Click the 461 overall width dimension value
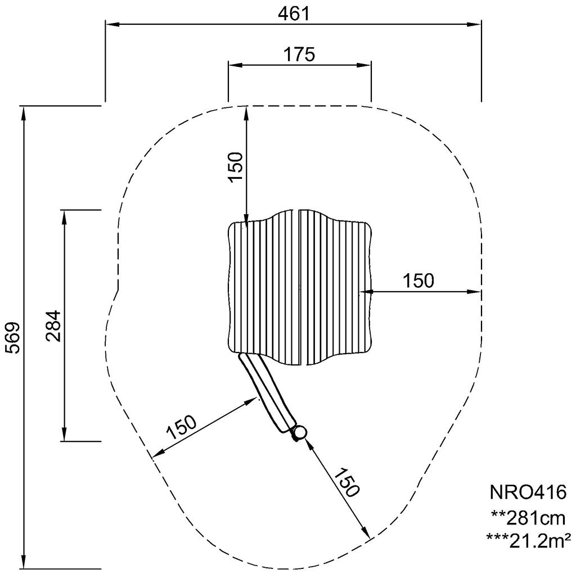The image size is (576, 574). (x=294, y=13)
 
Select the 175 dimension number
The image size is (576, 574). (x=299, y=55)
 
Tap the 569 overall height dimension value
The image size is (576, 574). (x=12, y=337)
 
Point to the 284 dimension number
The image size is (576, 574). (x=53, y=326)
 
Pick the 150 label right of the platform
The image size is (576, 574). (x=418, y=281)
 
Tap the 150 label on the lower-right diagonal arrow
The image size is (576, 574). (x=345, y=482)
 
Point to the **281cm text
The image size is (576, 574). (x=527, y=517)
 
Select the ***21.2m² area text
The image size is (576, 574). (x=528, y=540)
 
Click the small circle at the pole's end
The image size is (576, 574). (x=300, y=432)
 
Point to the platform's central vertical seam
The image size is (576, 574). (x=299, y=287)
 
